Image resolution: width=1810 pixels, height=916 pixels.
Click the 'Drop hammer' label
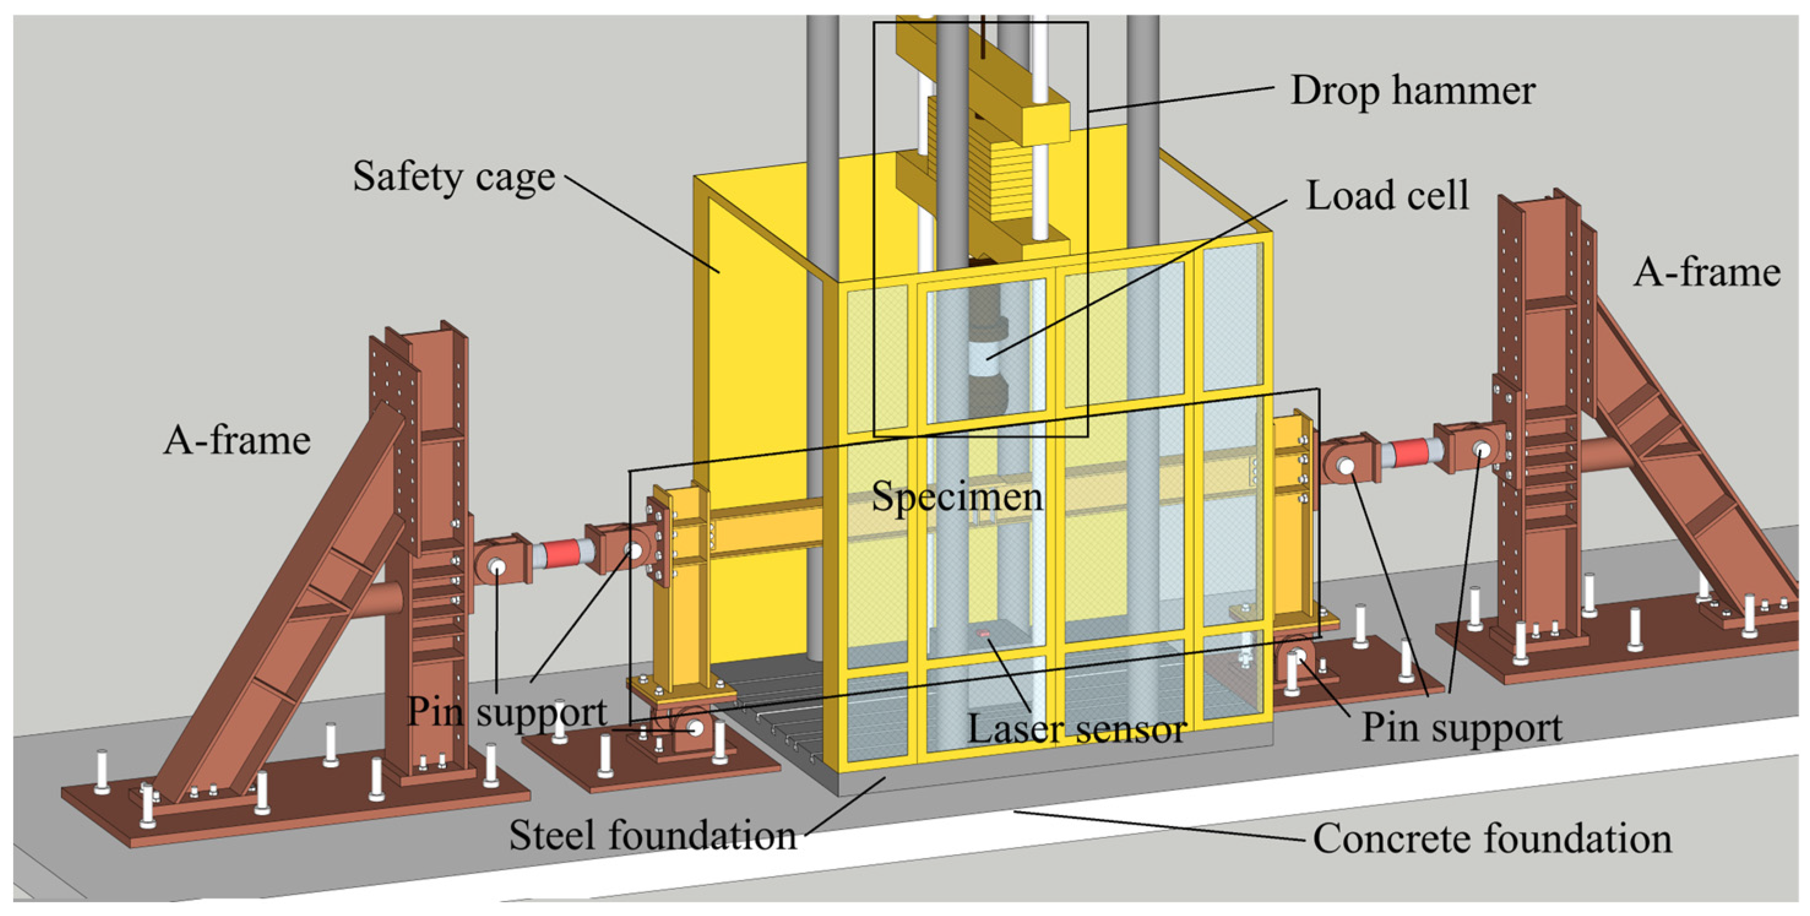(x=1412, y=91)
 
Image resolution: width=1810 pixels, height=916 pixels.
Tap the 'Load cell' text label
(x=1387, y=195)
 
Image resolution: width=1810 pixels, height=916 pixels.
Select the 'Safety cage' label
(x=453, y=176)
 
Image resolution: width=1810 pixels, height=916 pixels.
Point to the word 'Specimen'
(x=957, y=498)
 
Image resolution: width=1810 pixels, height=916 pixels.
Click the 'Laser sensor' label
(x=1077, y=729)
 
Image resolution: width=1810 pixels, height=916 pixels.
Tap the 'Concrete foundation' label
(x=1492, y=839)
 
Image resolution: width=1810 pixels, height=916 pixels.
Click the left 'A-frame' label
(x=237, y=441)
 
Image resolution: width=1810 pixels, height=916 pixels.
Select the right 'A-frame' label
(x=1706, y=273)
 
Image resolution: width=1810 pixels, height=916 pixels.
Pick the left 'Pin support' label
(x=507, y=713)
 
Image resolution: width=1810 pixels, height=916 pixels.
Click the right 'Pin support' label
(x=1461, y=727)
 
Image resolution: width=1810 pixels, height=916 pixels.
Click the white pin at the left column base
(x=695, y=728)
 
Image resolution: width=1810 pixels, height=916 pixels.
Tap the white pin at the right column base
(x=1298, y=657)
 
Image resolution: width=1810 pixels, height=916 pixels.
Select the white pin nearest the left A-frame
(x=498, y=566)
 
